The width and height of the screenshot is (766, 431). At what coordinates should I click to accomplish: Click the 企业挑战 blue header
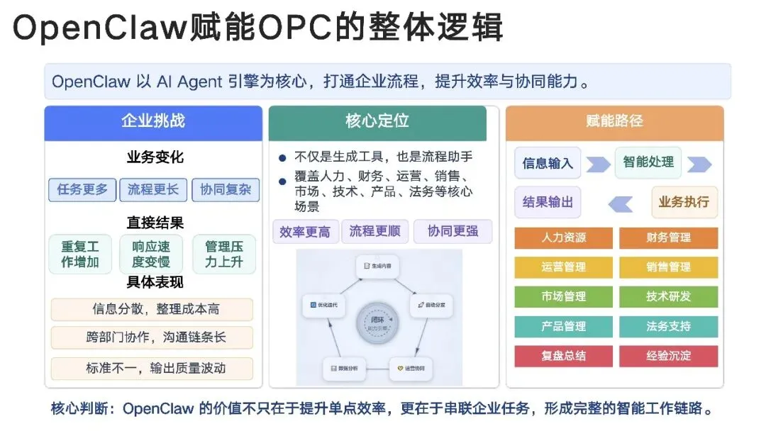[152, 123]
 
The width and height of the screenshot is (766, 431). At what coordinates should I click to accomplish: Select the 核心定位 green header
[377, 123]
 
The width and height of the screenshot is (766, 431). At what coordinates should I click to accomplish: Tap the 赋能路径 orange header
[614, 123]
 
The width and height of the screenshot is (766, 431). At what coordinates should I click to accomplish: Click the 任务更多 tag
[82, 190]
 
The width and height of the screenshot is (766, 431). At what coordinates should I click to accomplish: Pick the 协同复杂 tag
[226, 190]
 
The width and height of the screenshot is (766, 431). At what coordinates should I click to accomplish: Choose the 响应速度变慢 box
[151, 254]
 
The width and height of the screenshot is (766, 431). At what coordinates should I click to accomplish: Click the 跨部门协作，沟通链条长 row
[152, 337]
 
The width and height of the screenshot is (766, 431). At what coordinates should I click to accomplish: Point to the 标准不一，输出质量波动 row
[152, 368]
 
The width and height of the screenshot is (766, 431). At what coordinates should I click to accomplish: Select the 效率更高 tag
[305, 232]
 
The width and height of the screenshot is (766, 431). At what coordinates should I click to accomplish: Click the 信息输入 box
[548, 163]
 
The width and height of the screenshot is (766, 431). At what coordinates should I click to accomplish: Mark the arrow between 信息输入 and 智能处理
[597, 164]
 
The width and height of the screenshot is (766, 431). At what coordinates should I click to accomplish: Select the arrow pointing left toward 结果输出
[620, 204]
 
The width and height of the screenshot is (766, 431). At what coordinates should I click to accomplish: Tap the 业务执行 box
[684, 202]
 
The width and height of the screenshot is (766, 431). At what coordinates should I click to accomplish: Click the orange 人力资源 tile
[564, 238]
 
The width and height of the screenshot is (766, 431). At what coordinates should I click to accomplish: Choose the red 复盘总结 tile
[564, 356]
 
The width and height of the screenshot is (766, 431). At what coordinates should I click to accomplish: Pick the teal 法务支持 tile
[668, 327]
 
